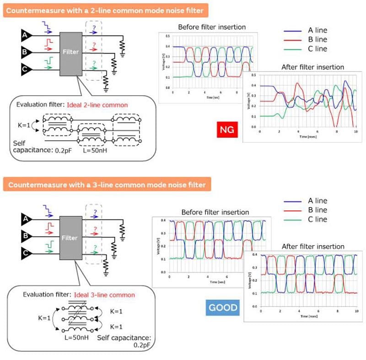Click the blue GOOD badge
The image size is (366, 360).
223,307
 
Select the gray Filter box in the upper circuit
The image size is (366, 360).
71,52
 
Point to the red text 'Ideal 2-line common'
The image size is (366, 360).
97,105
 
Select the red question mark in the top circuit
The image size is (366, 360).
93,45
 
